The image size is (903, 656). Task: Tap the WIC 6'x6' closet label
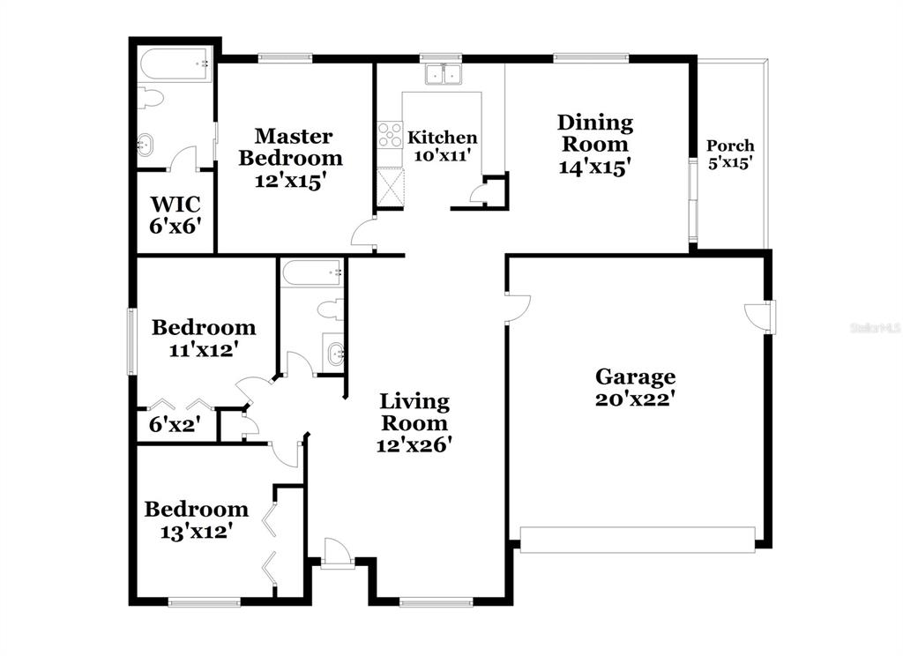[175, 215]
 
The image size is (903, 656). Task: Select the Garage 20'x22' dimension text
[635, 399]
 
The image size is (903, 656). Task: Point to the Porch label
[730, 145]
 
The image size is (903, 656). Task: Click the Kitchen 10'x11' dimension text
[443, 155]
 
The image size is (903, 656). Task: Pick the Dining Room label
[595, 133]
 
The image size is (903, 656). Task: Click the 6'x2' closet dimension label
[175, 425]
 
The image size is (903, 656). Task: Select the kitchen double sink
[444, 74]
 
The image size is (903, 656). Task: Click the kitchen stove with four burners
[390, 136]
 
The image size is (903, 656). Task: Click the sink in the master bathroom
[146, 144]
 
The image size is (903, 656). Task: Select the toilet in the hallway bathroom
[330, 309]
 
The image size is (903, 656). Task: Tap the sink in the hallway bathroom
[335, 352]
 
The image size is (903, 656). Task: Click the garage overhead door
[638, 540]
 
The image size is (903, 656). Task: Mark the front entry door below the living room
[337, 553]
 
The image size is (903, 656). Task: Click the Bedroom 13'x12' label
[197, 520]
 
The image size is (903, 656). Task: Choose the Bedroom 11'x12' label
[204, 338]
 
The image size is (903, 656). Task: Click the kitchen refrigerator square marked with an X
[391, 186]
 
